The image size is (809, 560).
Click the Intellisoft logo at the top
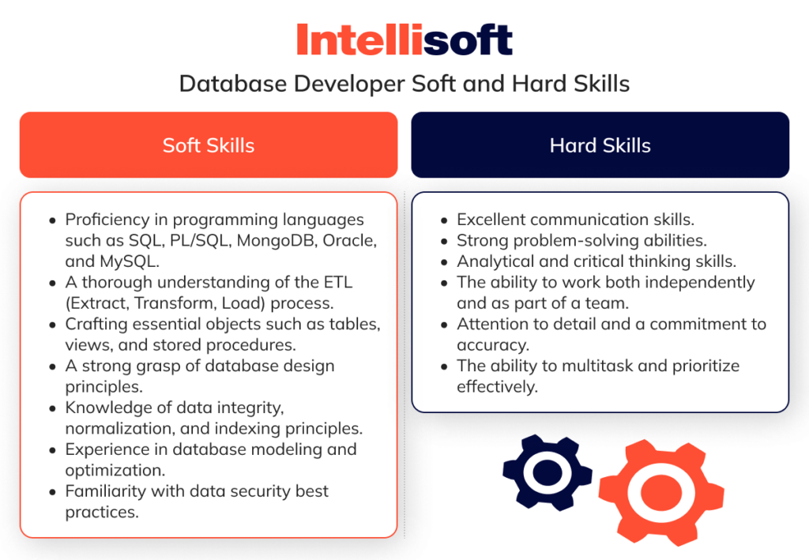coord(404,39)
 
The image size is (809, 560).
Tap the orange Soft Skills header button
coord(209,145)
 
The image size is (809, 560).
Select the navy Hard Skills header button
coord(600,145)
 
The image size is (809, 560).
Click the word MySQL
coord(130,261)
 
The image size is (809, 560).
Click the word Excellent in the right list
coord(491,220)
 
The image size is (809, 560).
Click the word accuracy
coord(486,345)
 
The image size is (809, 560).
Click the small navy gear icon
coord(547,472)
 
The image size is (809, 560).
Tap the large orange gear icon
coord(661,492)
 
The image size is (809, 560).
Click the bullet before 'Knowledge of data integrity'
coord(52,408)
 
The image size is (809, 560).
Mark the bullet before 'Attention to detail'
coord(444,325)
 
